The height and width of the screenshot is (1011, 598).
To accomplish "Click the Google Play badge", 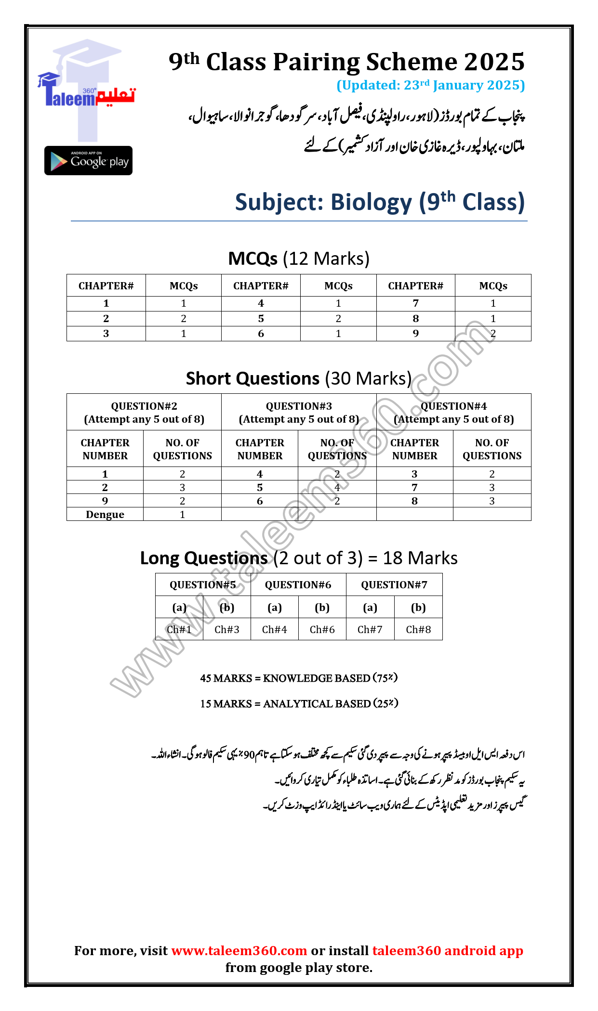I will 88,160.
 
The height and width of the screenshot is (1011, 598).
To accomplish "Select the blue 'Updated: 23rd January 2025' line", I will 430,85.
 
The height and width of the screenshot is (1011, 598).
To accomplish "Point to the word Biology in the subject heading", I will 372,202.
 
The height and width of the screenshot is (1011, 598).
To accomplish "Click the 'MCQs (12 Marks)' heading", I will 299,259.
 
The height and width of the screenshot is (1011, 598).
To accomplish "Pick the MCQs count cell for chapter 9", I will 493,334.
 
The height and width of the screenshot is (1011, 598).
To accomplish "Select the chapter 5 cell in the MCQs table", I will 261,319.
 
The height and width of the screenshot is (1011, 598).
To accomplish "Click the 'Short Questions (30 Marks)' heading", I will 299,379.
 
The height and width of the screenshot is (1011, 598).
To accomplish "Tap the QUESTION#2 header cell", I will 144,412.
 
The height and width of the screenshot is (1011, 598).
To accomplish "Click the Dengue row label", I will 105,515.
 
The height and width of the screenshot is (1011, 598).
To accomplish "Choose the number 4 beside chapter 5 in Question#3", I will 337,488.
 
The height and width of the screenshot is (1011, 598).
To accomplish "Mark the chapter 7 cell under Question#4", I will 414,488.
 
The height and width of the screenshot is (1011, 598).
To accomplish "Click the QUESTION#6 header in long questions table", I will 298,585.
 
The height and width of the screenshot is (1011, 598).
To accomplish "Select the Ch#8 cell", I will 418,630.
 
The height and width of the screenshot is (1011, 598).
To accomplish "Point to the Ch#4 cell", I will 275,630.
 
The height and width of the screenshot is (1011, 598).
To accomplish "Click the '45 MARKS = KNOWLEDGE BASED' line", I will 299,678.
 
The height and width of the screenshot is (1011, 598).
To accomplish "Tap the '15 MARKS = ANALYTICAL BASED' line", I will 299,704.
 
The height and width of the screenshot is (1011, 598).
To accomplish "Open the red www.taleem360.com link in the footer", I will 239,951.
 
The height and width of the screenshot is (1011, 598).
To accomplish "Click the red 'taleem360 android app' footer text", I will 448,951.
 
